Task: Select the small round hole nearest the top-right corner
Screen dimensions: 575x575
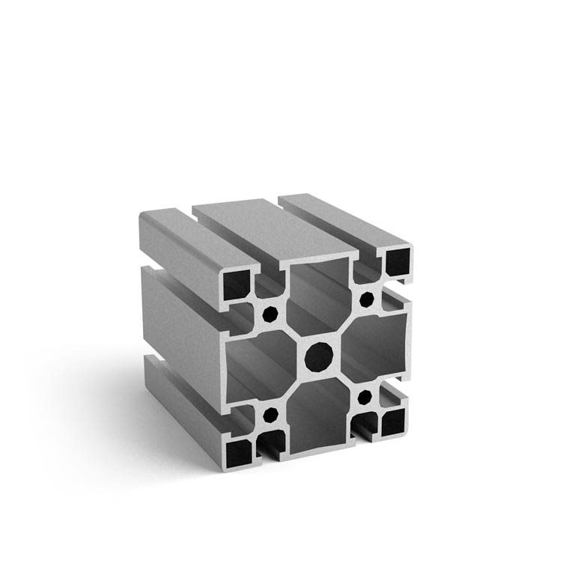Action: click(x=366, y=299)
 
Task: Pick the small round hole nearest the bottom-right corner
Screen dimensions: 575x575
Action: click(x=366, y=395)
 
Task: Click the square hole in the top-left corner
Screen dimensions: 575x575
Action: click(x=240, y=286)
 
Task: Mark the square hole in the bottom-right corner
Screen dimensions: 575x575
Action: click(x=393, y=423)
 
